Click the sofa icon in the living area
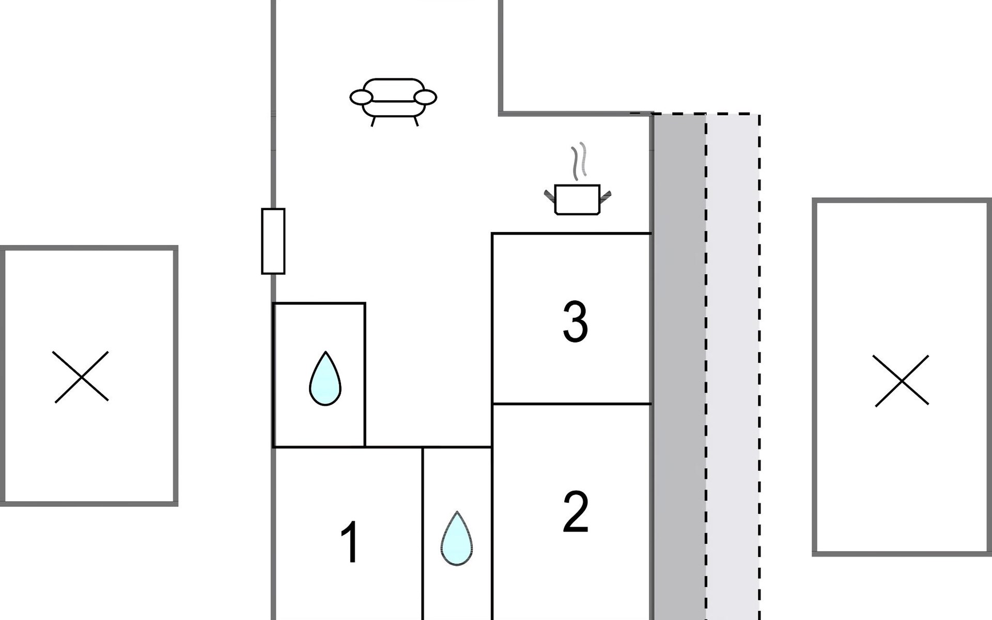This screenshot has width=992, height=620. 393,98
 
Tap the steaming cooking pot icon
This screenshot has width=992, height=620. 577,199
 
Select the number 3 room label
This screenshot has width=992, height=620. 575,322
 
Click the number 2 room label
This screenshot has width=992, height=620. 575,512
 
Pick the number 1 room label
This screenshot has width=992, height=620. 350,542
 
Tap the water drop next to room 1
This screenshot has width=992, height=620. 457,539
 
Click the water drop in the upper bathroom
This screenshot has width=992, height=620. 325,379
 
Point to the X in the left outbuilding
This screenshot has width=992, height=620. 81,377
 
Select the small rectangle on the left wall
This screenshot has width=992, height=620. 273,241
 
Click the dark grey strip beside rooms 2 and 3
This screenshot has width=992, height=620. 679,362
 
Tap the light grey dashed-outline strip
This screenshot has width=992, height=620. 733,362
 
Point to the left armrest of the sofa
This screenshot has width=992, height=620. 361,97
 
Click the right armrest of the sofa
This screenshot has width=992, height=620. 426,97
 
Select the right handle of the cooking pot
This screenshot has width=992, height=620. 605,196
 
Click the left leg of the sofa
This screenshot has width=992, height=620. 373,121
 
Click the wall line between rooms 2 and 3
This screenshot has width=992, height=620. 571,404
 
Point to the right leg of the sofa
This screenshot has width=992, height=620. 416,121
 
